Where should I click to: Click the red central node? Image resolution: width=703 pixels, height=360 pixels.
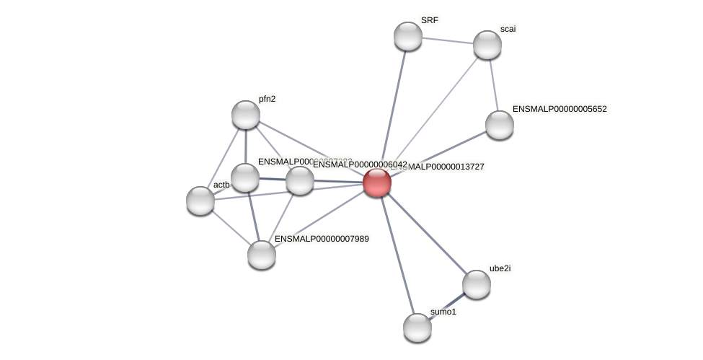coord(376,182)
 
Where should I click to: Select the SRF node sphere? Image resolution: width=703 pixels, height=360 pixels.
coord(407,36)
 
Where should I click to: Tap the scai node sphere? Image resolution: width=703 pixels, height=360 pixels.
coord(487,45)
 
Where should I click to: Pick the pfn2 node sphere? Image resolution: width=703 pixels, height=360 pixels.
coord(245,114)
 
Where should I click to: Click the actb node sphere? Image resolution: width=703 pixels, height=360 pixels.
coord(200,200)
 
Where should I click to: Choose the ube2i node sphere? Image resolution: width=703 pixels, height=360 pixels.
coord(476,284)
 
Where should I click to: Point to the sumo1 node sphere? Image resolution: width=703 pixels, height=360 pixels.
coord(417,327)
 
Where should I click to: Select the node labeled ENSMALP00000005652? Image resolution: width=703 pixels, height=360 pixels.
coord(499,124)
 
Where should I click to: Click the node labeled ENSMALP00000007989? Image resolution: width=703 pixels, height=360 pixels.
coord(261,254)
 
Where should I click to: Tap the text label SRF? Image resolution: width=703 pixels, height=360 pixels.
coord(429,21)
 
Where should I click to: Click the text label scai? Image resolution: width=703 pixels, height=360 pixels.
coord(508,30)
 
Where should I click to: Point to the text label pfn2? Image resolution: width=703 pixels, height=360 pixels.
coord(267,100)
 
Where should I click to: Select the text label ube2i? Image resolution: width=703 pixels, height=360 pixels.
coord(500,268)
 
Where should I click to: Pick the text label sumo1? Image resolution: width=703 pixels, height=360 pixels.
coord(443,312)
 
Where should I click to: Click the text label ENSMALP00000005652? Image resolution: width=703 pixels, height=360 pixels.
coord(560,110)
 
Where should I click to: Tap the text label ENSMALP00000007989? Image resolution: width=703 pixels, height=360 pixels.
coord(322,239)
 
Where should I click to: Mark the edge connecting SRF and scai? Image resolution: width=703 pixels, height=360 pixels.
coord(447,40)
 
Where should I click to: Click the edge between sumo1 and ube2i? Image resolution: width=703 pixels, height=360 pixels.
coord(446,305)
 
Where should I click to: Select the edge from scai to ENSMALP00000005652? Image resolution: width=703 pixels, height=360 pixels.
coord(493,84)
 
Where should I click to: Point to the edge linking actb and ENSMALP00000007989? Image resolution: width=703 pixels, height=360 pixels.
coord(231,227)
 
